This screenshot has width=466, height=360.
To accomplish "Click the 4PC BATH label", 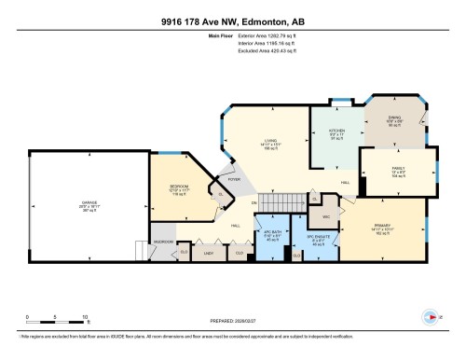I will [273, 233].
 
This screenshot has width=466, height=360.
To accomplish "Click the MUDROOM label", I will [164, 241].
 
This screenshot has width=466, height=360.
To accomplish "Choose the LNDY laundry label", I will [210, 251].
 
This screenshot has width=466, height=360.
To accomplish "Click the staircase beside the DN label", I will [281, 201].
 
